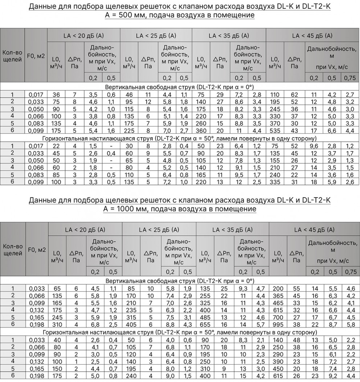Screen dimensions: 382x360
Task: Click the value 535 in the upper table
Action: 275,130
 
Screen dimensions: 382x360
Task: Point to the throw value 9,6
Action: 313,146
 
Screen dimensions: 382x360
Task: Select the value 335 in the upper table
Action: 275,182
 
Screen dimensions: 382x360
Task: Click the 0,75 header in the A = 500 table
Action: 349,78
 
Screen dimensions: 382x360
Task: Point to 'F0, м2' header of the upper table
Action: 36,56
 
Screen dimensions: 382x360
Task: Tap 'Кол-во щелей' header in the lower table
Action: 13,249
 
